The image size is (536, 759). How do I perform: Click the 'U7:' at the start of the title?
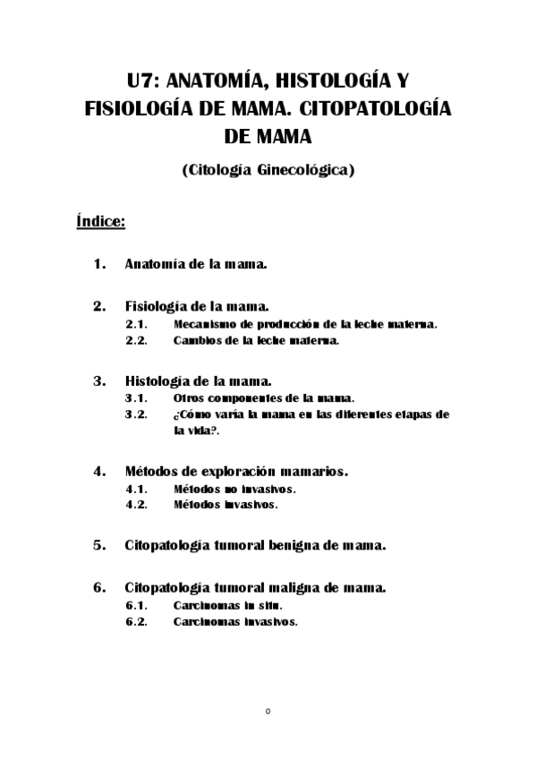point(143,81)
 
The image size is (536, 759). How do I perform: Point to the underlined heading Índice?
point(100,220)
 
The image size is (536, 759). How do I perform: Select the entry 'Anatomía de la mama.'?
point(198,265)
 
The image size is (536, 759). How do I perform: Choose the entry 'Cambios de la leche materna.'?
point(256,341)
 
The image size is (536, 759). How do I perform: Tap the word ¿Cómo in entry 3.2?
point(188,414)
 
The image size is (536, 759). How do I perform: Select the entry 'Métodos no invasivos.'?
point(234,489)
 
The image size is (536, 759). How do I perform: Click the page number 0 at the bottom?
point(268,712)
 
